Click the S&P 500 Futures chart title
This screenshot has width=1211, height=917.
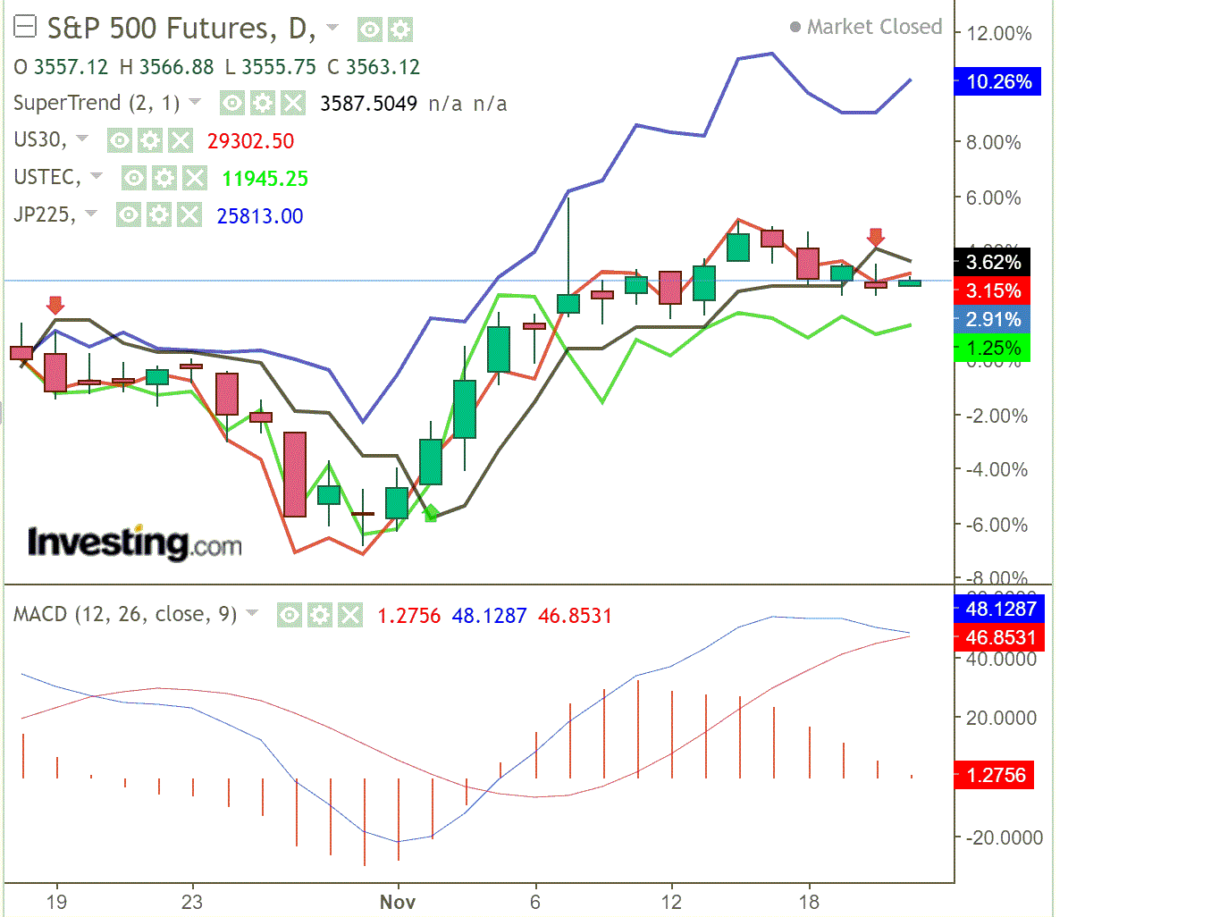(180, 29)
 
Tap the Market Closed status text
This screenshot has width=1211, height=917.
(873, 27)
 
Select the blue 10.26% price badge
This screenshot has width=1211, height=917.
(997, 82)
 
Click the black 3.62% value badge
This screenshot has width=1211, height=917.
(993, 262)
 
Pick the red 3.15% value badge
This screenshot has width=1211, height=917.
(993, 290)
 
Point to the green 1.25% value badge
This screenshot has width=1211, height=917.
(993, 348)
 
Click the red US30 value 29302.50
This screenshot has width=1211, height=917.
(250, 141)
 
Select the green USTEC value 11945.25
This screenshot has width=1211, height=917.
(265, 179)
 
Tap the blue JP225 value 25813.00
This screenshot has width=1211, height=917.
(259, 216)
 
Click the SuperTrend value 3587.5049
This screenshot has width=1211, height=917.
(368, 104)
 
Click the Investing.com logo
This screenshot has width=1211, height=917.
(134, 543)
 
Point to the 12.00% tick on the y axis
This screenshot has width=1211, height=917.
(998, 34)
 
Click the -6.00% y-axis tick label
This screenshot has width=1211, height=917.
(997, 525)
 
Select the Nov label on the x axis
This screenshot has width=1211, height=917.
(398, 902)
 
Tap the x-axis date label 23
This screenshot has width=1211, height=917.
(192, 902)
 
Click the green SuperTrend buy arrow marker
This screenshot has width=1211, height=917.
(431, 513)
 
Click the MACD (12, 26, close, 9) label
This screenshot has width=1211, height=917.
(125, 615)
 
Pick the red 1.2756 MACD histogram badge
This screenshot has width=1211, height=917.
(995, 775)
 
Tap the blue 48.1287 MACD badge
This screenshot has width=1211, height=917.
(1000, 610)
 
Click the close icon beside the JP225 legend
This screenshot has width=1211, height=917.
(189, 215)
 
